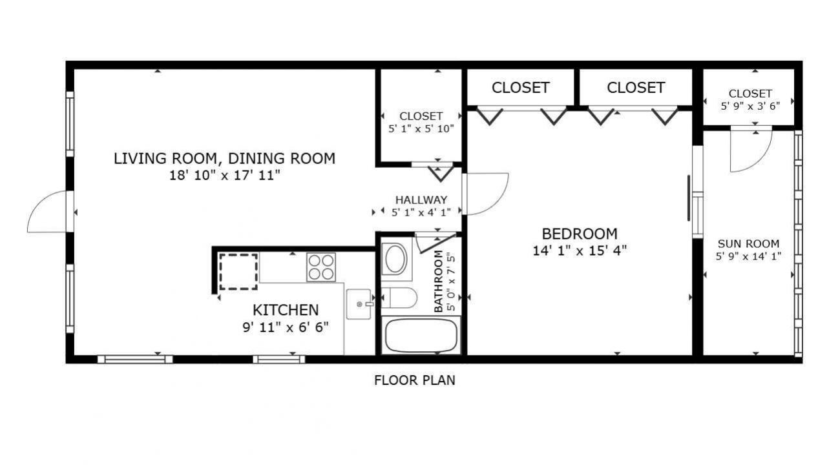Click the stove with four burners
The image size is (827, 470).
coord(322,267)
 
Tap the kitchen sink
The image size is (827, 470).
coord(359,304)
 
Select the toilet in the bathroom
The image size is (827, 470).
coord(401,298)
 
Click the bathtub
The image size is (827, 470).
coord(421,335)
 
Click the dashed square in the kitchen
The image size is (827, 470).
coord(238,271)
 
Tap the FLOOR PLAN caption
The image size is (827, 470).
coord(414,380)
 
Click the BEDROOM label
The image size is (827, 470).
coord(579,234)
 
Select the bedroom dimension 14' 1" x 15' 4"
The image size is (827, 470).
coord(579,250)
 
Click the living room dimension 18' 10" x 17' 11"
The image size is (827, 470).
coord(224,175)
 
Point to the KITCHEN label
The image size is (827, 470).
coord(285,310)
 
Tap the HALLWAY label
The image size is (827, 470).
coord(421,200)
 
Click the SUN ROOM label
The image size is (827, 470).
coord(748,244)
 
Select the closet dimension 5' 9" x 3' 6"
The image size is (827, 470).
coord(749,105)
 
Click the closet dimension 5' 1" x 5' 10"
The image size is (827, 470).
coord(421,128)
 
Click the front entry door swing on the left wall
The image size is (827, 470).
coord(48,213)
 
